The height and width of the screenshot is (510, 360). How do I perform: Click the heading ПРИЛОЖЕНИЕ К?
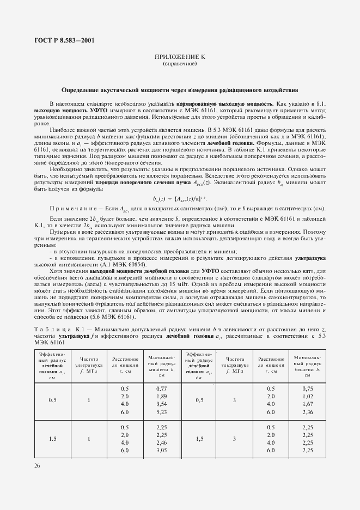[180, 57]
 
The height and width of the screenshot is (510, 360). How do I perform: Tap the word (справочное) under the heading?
[180, 64]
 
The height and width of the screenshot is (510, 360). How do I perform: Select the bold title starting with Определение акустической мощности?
[180, 90]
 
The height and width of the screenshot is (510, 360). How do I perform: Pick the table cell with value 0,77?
[161, 388]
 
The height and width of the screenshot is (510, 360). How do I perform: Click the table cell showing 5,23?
[161, 413]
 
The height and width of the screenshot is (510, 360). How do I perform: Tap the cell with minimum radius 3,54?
[161, 405]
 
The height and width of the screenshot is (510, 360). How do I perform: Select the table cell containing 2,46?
[161, 442]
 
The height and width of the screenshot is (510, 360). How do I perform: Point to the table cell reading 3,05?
[161, 451]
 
